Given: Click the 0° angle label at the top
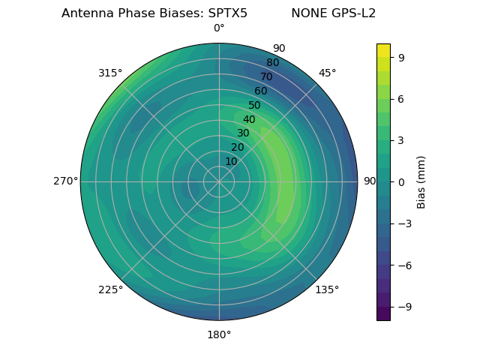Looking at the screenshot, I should point(219,28).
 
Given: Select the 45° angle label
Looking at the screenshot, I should point(327,73).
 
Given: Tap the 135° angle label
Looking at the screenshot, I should point(327,289).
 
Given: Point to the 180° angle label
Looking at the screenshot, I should point(219,334).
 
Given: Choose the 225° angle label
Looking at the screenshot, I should point(110,289).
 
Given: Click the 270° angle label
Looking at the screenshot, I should point(65,181).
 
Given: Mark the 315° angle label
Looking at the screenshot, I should point(110,73).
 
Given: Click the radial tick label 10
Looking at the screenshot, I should point(231,161).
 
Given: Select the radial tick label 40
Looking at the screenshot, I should point(249,119).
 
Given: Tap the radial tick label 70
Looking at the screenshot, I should point(266,76).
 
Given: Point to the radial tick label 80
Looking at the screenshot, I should point(272,62).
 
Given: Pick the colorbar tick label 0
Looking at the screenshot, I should point(400,181).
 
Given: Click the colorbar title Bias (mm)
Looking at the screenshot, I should point(421,181).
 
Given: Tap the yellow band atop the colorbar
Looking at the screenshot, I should point(383,49).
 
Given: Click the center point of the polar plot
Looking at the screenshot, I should point(219,181).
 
